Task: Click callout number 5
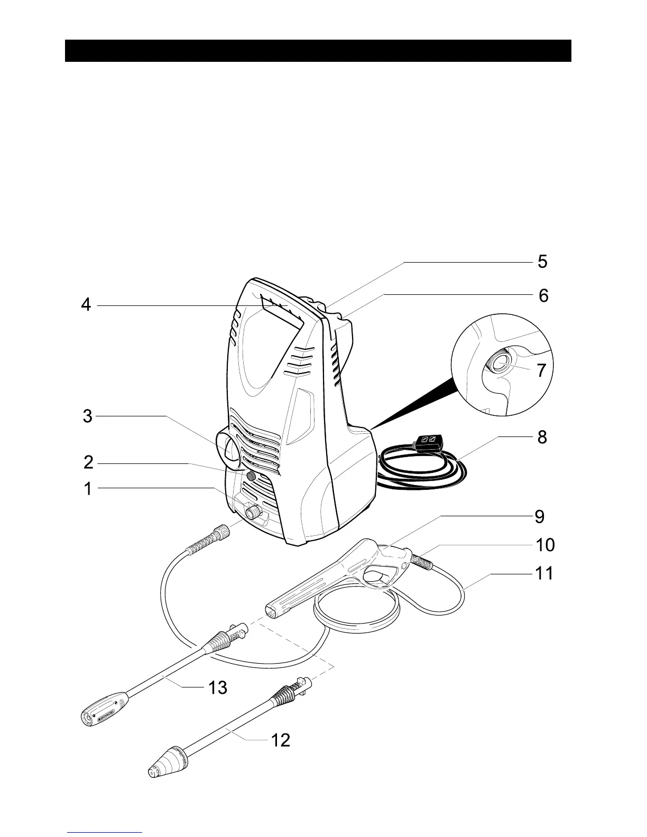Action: pos(542,262)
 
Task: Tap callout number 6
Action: pos(543,295)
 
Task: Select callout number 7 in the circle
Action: pos(541,371)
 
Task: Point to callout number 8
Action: pos(542,438)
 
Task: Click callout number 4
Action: pos(86,305)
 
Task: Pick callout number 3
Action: pos(88,416)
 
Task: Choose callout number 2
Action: pos(88,463)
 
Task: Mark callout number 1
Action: pos(87,489)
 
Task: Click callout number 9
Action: pos(539,516)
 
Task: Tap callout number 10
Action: pos(545,545)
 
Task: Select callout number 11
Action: pos(544,573)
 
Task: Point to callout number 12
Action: pos(281,741)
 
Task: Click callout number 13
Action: pos(217,687)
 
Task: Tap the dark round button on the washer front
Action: pos(252,477)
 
